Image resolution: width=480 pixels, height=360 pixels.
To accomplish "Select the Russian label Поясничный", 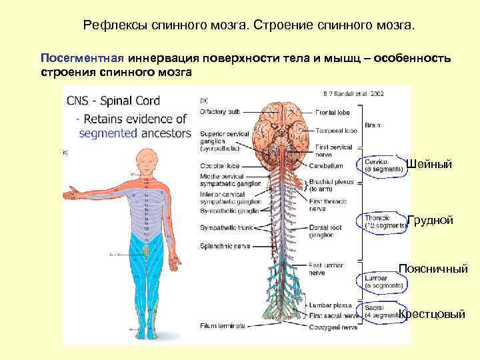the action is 433,269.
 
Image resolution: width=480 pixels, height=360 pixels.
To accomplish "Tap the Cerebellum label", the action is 326,165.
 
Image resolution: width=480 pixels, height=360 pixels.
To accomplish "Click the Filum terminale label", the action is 223,325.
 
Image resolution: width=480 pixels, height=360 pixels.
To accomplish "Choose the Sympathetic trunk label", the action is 224,227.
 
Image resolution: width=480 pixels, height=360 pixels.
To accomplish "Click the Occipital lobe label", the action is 219,165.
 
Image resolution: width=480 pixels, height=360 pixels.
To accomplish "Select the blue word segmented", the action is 107,133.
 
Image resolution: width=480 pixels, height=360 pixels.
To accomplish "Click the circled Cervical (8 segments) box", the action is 385,165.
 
